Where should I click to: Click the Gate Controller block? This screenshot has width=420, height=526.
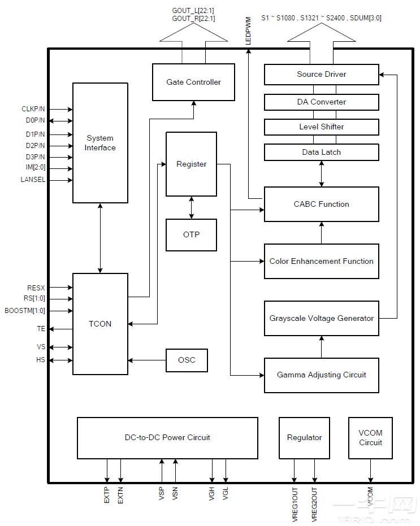pyautogui.click(x=193, y=82)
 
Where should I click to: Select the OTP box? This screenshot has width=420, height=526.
pyautogui.click(x=191, y=235)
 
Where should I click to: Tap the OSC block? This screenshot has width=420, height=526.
pyautogui.click(x=187, y=360)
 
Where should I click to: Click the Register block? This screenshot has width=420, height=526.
pyautogui.click(x=191, y=164)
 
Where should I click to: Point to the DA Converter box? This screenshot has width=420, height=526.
pyautogui.click(x=321, y=102)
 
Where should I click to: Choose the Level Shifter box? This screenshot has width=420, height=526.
pyautogui.click(x=321, y=127)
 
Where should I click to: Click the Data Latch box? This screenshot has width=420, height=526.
pyautogui.click(x=321, y=152)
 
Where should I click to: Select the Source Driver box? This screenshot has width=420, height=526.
pyautogui.click(x=321, y=74)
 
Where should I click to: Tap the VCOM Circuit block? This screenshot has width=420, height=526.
pyautogui.click(x=370, y=438)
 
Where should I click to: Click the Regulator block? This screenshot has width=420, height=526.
pyautogui.click(x=304, y=438)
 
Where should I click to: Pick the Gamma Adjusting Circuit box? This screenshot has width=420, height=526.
pyautogui.click(x=321, y=375)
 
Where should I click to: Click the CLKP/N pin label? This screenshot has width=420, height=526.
pyautogui.click(x=33, y=109)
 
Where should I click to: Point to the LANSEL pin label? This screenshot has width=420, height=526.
pyautogui.click(x=33, y=180)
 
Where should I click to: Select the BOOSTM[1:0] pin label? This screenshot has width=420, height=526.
pyautogui.click(x=25, y=310)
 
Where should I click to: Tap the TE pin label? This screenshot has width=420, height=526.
pyautogui.click(x=41, y=328)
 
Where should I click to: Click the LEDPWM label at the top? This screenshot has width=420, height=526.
pyautogui.click(x=248, y=31)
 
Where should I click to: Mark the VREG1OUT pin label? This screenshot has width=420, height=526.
pyautogui.click(x=295, y=503)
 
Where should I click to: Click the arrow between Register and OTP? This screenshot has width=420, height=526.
pyautogui.click(x=192, y=207)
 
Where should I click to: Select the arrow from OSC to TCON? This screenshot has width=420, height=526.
pyautogui.click(x=147, y=360)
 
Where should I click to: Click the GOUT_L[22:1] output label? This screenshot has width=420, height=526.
pyautogui.click(x=193, y=11)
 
